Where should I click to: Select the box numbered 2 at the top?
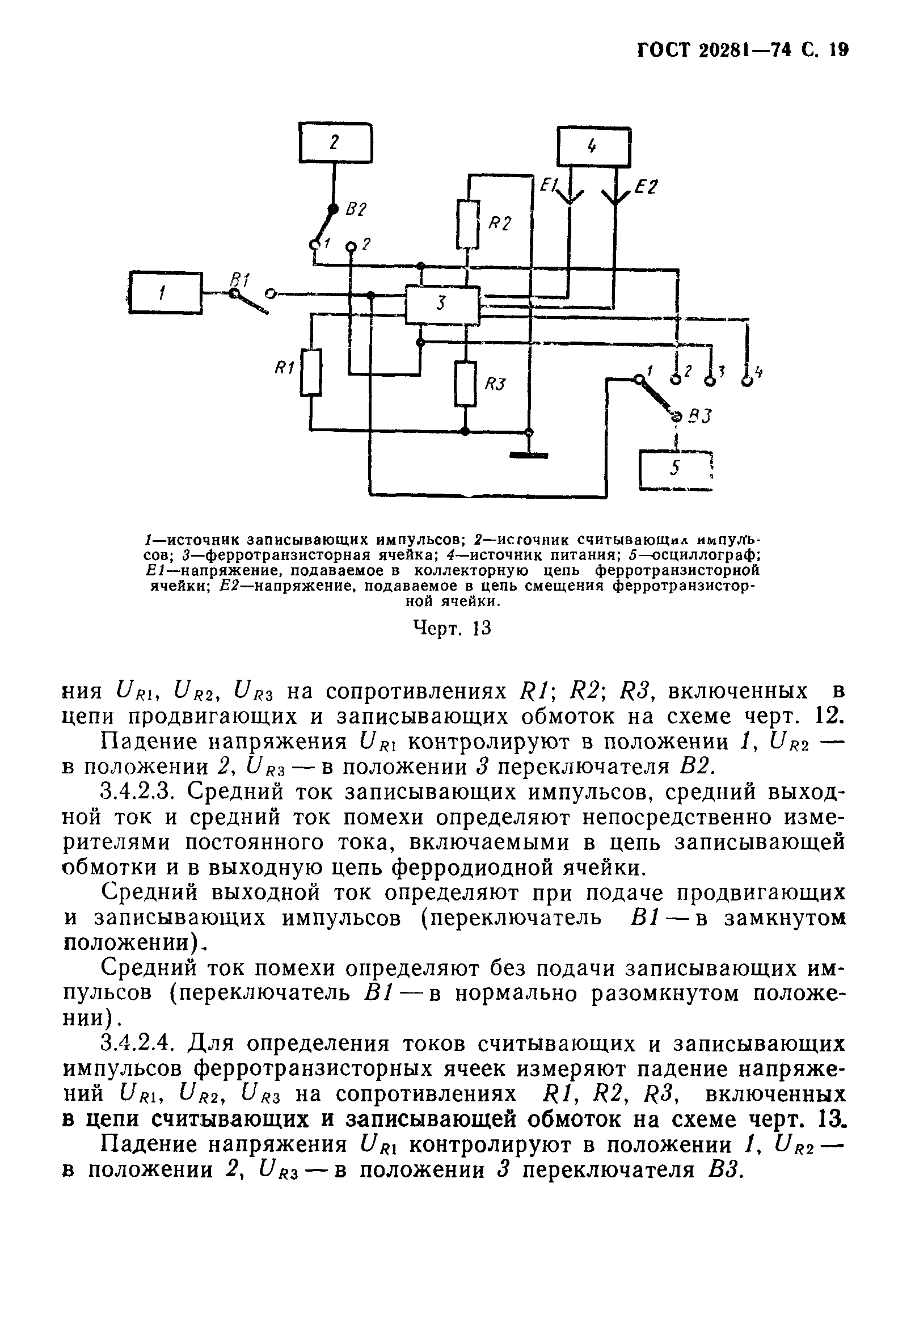[335, 143]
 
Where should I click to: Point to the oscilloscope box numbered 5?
[675, 470]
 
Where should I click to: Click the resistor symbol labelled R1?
[311, 373]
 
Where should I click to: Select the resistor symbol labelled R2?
[468, 223]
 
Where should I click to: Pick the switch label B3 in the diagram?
[699, 416]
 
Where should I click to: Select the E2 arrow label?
[647, 188]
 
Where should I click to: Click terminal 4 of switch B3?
[747, 381]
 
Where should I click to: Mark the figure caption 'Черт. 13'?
[452, 629]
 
